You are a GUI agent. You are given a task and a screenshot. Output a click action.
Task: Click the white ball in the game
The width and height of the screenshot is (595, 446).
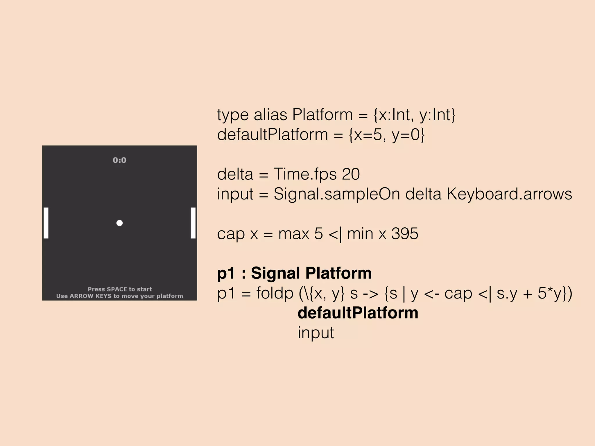[x=119, y=223]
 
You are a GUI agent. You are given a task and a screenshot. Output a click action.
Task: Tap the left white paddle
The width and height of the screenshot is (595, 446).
[x=46, y=223]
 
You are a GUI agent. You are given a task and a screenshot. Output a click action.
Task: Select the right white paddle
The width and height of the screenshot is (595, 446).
[x=193, y=223]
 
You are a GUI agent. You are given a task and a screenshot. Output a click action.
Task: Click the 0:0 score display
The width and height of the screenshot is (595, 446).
[x=119, y=160]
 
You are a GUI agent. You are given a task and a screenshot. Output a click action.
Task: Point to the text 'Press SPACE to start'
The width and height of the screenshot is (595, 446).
[x=120, y=289]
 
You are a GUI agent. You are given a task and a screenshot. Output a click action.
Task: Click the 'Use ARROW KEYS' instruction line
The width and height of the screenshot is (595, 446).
[x=120, y=296]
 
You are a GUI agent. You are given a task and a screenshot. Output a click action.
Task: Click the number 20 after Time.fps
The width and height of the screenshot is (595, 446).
[x=351, y=174]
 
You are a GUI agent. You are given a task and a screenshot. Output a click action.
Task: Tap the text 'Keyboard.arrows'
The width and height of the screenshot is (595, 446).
[x=509, y=194]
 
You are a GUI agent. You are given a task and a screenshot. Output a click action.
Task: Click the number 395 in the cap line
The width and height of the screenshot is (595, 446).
[x=404, y=233]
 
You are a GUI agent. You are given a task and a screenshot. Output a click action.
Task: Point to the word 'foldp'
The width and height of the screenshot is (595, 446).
[x=275, y=293]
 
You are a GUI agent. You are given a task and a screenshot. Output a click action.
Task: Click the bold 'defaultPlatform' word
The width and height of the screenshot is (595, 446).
[x=358, y=313]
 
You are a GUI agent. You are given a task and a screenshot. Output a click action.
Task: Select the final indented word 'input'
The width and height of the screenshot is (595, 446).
[x=316, y=333]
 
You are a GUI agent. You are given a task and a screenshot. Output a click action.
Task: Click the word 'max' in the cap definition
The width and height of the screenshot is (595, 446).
[x=293, y=233]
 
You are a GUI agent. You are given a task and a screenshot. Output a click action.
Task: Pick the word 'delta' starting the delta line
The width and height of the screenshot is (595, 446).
[x=235, y=174]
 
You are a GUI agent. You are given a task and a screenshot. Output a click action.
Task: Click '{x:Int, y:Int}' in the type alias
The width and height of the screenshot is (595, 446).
[x=414, y=115]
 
